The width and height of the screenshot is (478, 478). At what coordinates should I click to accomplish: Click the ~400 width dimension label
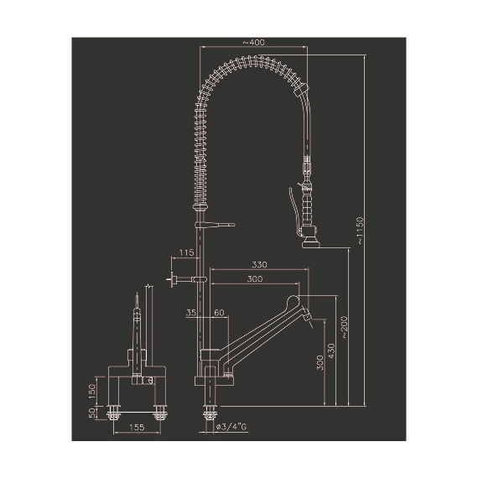[255, 42]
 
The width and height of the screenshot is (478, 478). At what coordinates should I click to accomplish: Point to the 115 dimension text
[185, 252]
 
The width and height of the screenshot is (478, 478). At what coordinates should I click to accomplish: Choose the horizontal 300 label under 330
[256, 279]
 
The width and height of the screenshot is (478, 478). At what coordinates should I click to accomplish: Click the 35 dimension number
[191, 312]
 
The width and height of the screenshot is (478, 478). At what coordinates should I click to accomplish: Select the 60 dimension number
[220, 312]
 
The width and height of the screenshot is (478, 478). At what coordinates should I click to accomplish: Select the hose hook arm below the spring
[220, 224]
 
